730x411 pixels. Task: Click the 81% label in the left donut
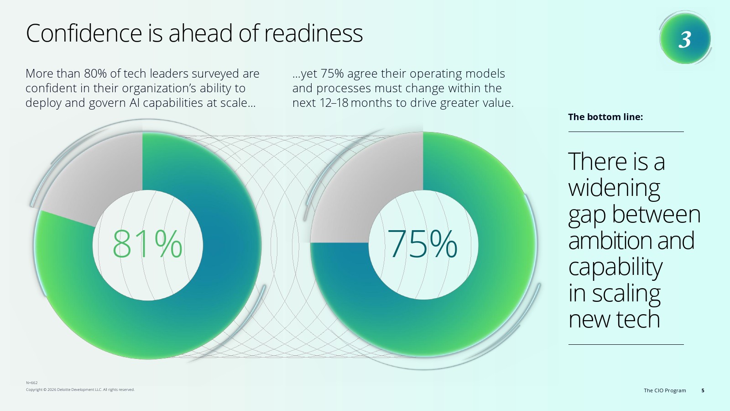tap(147, 244)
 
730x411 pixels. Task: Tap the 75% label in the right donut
tap(422, 244)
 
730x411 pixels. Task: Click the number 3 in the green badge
tap(685, 39)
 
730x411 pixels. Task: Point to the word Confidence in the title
tap(84, 33)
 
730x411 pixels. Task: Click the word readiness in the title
tap(313, 33)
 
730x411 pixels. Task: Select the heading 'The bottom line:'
tap(605, 117)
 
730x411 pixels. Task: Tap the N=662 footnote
tap(32, 383)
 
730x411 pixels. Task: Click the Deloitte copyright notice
tap(80, 390)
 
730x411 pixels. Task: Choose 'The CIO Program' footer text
tap(665, 390)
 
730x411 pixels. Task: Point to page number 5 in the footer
tap(703, 390)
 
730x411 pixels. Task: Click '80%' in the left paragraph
tap(95, 74)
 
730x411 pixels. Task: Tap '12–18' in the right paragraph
tap(334, 103)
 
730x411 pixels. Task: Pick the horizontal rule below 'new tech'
tap(626, 344)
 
